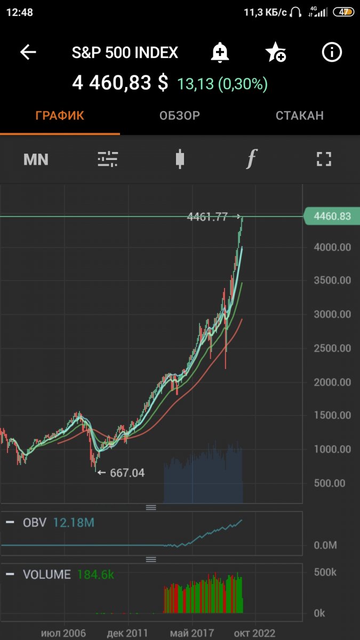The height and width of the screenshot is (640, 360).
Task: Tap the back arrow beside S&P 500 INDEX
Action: pos(28,52)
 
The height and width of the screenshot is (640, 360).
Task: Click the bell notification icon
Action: pos(219,52)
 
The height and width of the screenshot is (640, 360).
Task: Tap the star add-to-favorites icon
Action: pos(275,52)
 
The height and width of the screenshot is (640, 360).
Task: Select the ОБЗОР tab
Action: pos(180,116)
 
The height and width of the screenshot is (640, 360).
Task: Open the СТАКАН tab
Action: pos(299,116)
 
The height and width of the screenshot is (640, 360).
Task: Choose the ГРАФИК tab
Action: pos(60,116)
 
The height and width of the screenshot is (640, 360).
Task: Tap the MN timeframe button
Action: pos(36,159)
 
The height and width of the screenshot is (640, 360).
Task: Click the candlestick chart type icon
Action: pos(180,159)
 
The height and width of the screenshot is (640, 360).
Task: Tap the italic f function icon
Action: pos(251,159)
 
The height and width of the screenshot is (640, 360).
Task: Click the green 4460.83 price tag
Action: pos(331,217)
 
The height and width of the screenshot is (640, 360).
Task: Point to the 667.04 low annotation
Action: pos(126,473)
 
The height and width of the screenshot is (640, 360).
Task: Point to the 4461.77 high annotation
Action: pos(207,217)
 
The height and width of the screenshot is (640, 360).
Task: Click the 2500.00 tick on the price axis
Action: pos(333,348)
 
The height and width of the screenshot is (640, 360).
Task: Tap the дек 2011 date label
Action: pos(127,633)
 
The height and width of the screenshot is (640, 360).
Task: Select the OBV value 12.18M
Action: pos(74,523)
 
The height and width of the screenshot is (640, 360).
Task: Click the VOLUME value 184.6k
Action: pos(95,574)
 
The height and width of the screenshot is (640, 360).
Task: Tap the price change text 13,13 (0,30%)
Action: pos(222,84)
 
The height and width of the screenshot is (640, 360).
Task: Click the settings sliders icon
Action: pos(108,159)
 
